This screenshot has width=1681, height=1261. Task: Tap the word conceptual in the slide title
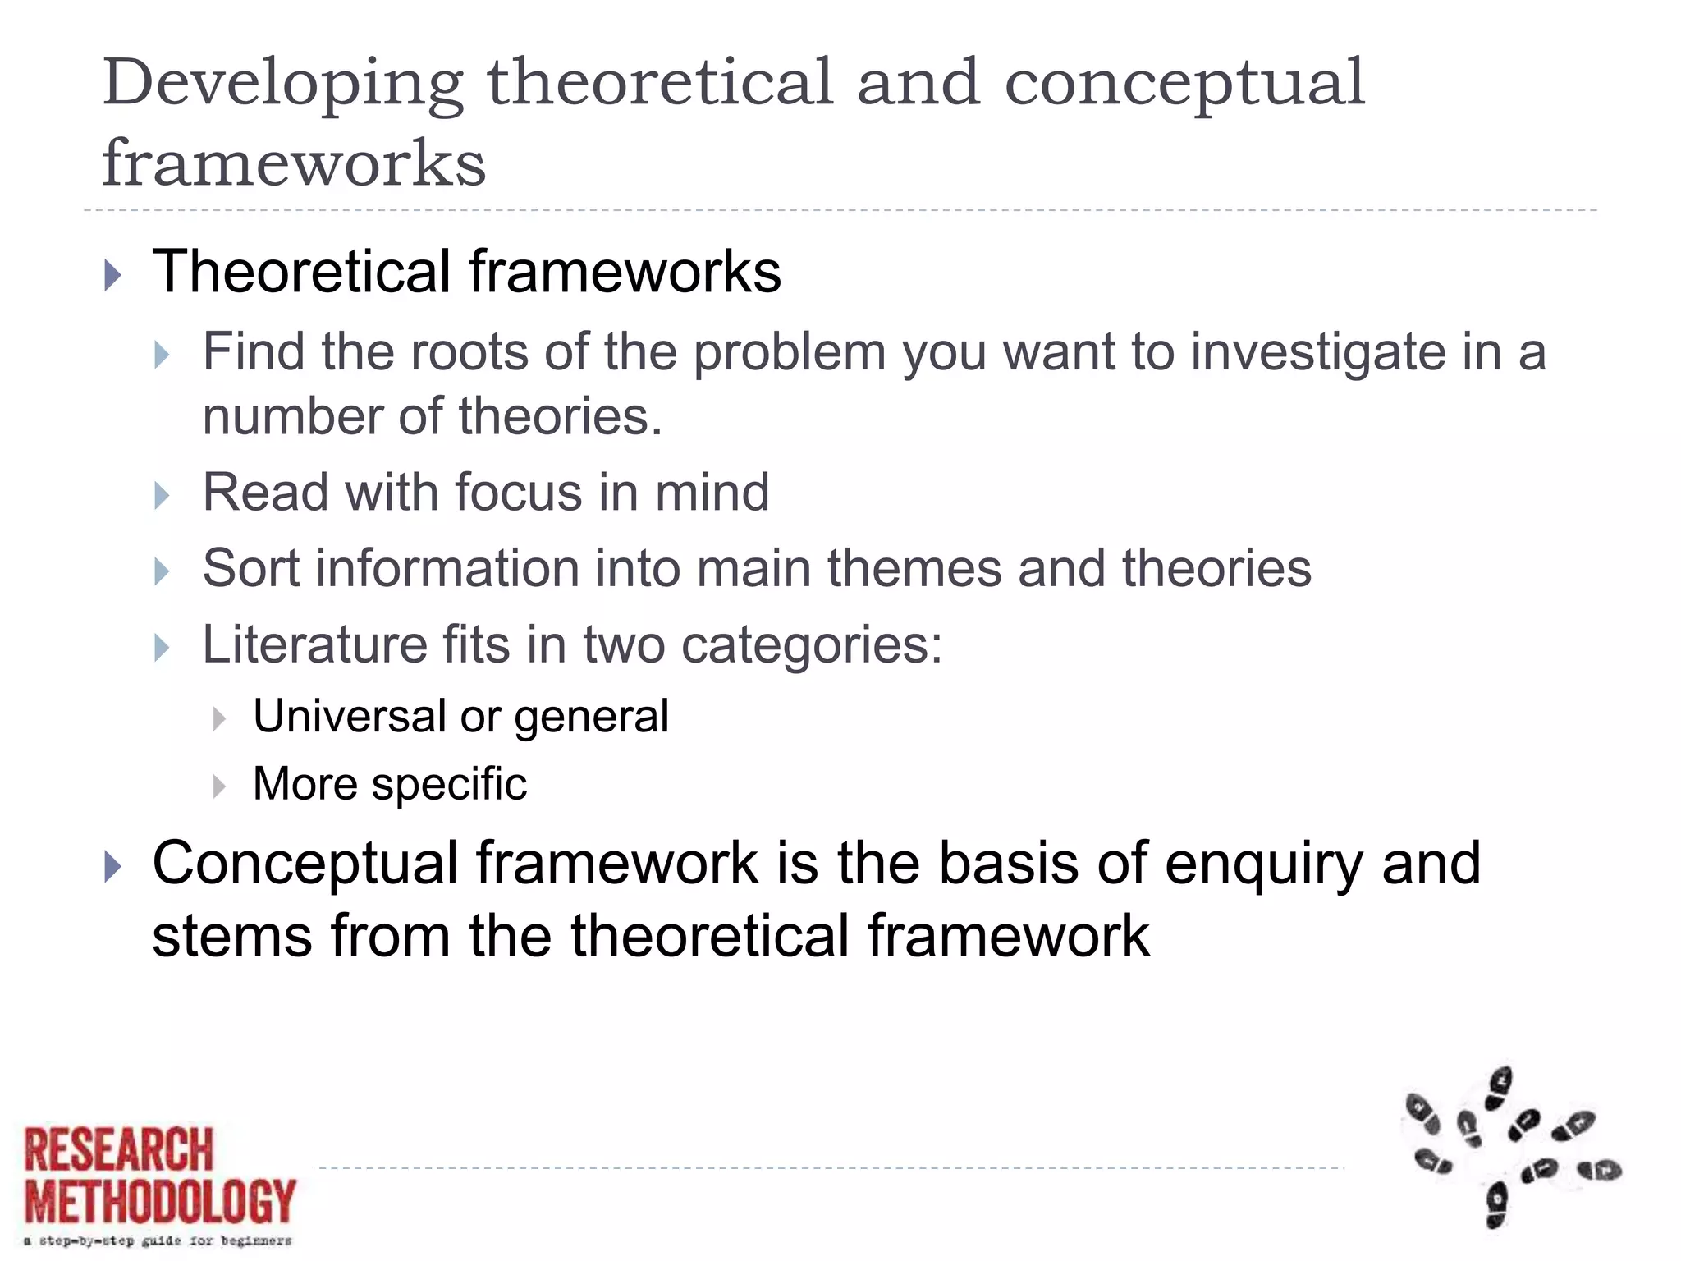pos(1184,85)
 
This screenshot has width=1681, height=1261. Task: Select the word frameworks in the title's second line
pos(294,163)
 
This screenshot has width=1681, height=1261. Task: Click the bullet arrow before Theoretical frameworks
pos(113,275)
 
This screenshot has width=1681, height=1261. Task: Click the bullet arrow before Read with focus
pos(162,496)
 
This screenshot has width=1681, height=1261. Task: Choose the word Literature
pos(314,644)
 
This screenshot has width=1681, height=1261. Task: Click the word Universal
pos(349,716)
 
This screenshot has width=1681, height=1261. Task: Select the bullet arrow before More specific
pos(218,786)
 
